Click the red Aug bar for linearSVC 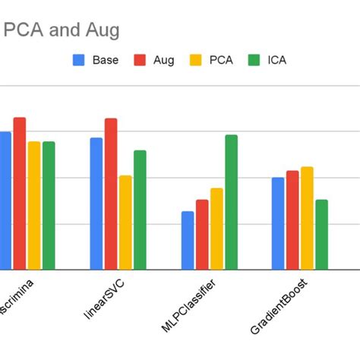point(111,194)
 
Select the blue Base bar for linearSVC point(96,204)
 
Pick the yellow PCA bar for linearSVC point(125,223)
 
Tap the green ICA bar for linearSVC point(140,210)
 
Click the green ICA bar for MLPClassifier point(231,202)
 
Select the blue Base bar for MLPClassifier point(188,240)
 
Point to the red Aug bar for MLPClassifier point(202,235)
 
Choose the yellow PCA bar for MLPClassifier point(216,229)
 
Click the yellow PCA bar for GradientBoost point(307,218)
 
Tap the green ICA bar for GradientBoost point(321,235)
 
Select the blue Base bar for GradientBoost point(278,223)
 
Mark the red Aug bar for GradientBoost point(292,220)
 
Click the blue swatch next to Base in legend point(78,59)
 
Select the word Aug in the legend point(163,59)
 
